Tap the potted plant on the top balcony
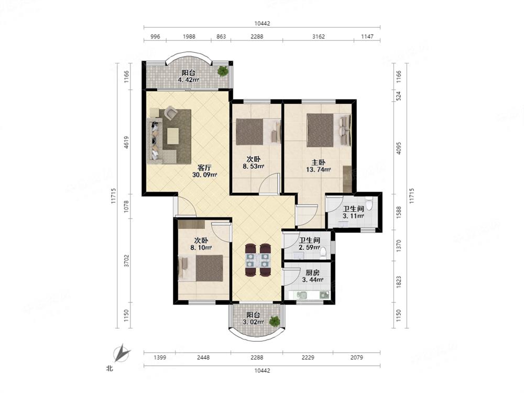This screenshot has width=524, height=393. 223,71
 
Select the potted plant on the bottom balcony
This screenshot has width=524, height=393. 275,322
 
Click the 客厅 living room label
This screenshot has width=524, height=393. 204,168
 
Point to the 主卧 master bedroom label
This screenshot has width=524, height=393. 319,162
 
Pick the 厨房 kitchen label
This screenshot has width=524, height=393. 312,272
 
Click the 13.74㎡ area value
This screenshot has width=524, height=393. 319,170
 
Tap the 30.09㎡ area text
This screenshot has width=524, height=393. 204,175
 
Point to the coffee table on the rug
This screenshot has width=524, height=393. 173,136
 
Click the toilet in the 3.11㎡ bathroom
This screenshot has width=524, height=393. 368,203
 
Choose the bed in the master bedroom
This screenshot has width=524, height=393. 329,130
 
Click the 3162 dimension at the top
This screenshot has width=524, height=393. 319,37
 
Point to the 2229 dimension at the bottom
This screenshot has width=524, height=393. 308,357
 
